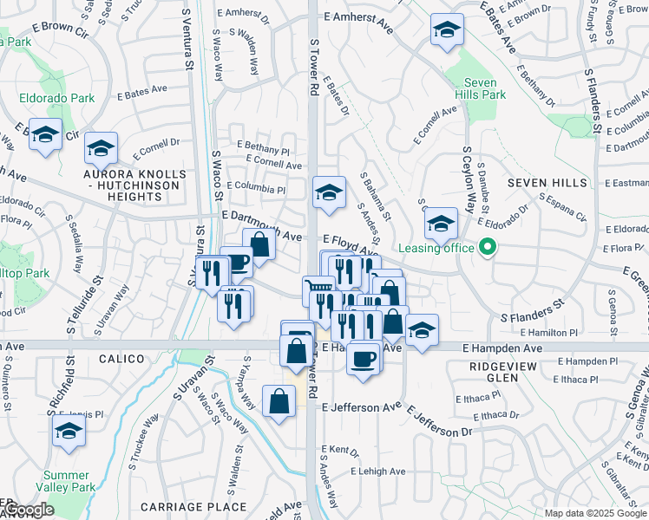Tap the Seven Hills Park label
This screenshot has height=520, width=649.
[x=482, y=88]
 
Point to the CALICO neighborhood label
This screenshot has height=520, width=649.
[x=119, y=358]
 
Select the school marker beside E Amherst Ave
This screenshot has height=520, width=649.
[x=446, y=30]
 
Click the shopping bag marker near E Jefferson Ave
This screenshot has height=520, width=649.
[x=279, y=402]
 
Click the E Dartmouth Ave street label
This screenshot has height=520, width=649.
[x=261, y=214]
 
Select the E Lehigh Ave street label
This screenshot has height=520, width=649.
[x=377, y=471]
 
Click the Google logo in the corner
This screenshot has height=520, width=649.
[x=29, y=510]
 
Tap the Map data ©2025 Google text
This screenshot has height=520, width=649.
[x=595, y=513]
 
